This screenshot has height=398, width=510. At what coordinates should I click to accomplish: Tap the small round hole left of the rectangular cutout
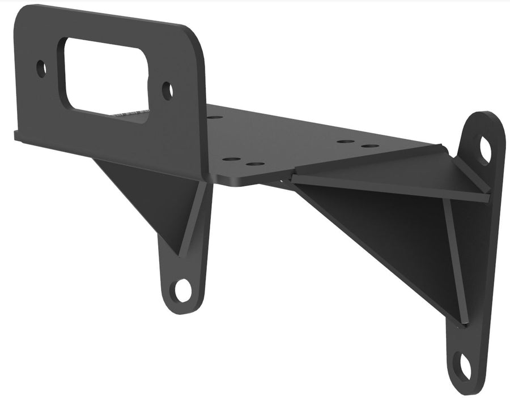(41, 69)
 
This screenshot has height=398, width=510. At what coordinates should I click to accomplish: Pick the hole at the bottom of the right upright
(462, 365)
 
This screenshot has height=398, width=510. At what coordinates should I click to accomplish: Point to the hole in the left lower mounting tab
(183, 290)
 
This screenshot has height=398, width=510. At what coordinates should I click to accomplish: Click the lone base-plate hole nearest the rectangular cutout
(215, 117)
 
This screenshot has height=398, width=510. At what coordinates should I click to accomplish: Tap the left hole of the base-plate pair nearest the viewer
(231, 159)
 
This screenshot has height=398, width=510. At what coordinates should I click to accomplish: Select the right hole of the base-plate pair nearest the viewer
(256, 164)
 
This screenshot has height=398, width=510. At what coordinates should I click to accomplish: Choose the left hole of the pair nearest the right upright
(345, 141)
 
